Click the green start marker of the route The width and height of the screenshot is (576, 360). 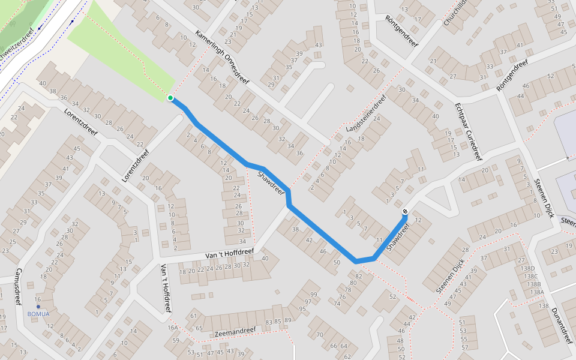(x=170, y=98)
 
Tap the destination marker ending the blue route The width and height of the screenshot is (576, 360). (x=406, y=211)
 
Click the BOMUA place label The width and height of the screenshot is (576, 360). (x=39, y=314)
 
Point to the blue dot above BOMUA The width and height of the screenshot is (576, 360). (x=38, y=307)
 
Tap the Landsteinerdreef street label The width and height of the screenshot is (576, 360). (x=366, y=113)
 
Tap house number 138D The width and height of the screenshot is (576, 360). (x=528, y=269)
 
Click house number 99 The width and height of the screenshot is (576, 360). (x=313, y=294)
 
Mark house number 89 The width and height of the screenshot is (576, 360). (x=288, y=320)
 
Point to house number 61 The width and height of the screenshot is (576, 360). (x=193, y=316)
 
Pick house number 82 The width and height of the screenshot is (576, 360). (x=359, y=276)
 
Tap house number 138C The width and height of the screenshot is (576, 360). (x=531, y=277)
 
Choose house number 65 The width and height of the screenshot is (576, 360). (x=199, y=328)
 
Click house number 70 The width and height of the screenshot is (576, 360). (x=319, y=334)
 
